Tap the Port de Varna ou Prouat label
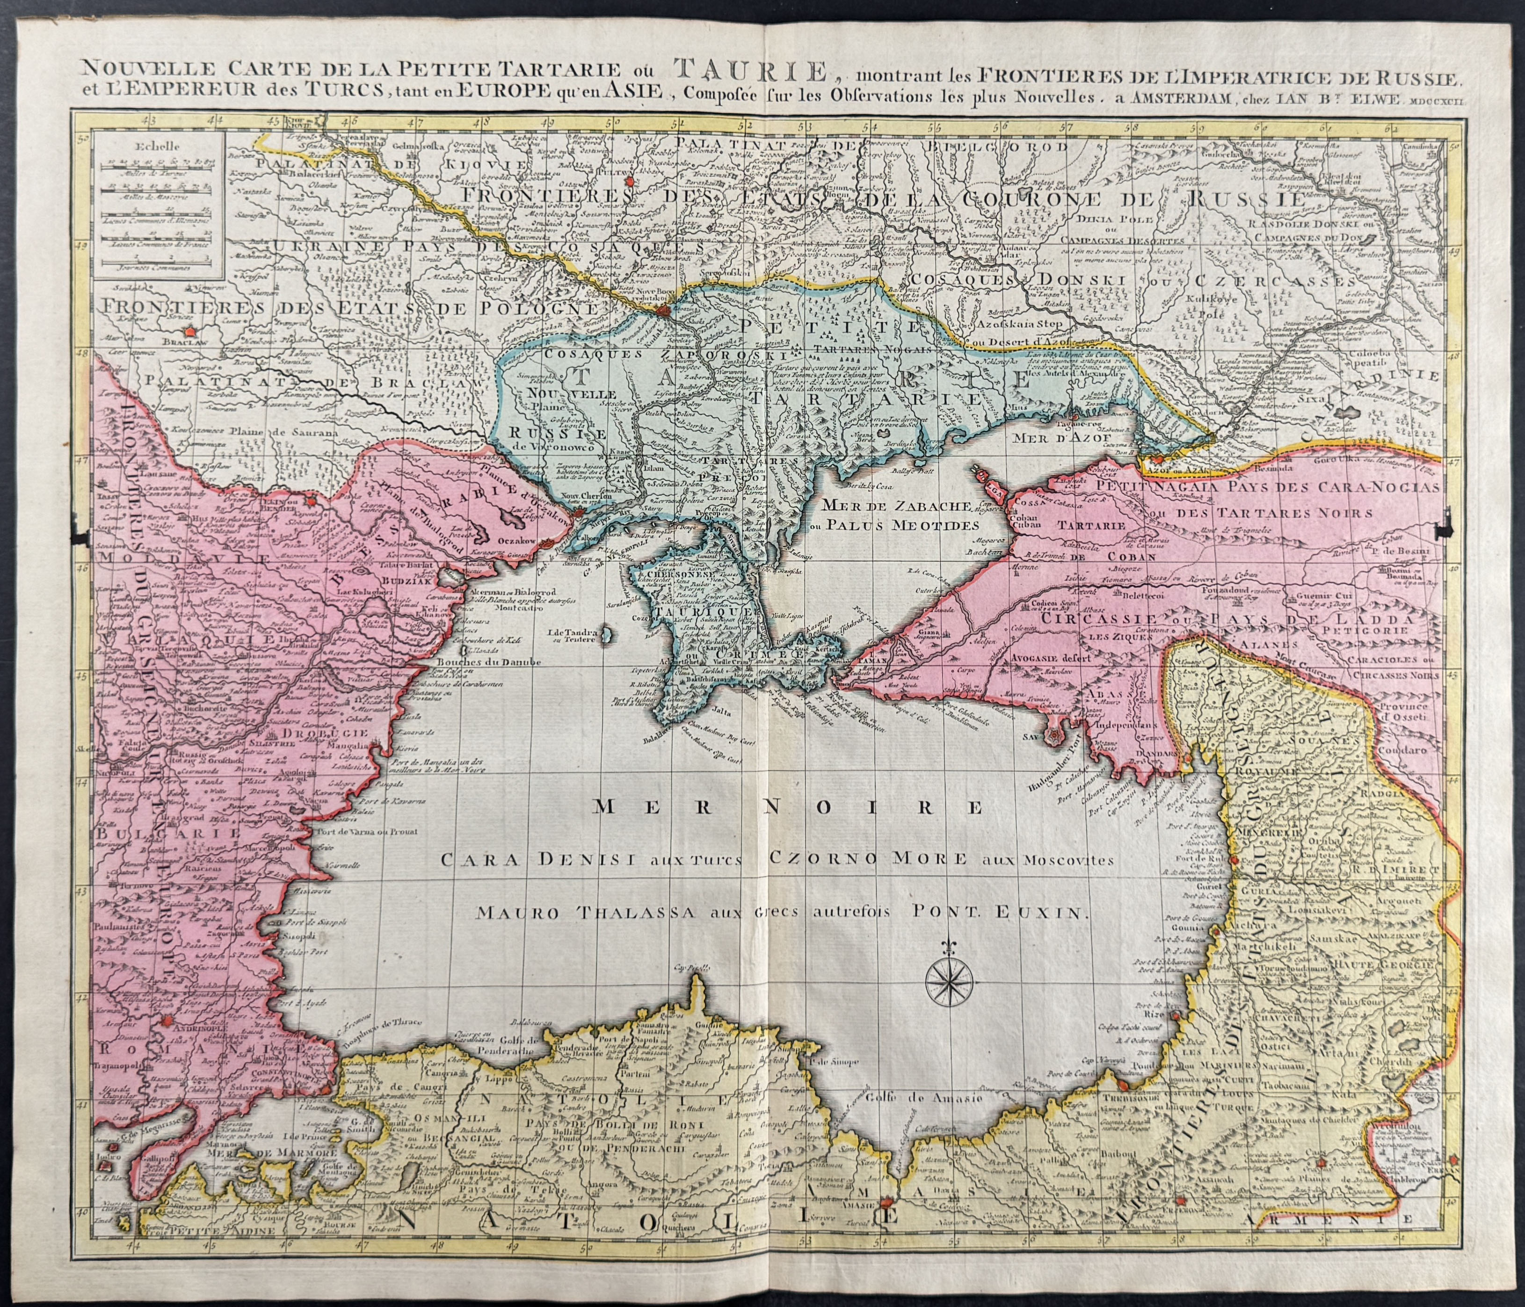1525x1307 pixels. click(368, 830)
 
